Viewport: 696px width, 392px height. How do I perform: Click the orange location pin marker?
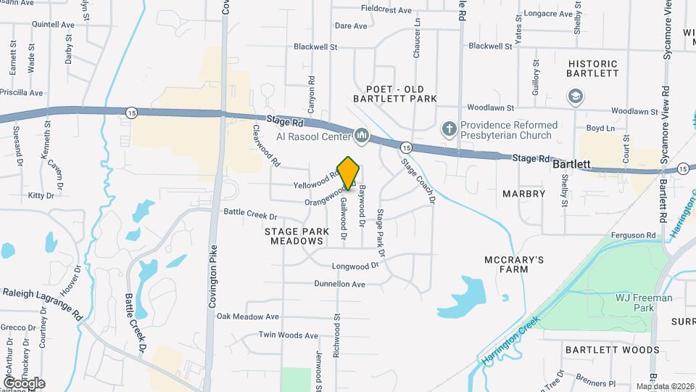[349, 173]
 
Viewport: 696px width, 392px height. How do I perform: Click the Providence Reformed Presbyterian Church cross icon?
[449, 128]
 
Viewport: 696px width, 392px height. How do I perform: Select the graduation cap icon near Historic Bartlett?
[575, 97]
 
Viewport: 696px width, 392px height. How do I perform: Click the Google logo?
[24, 383]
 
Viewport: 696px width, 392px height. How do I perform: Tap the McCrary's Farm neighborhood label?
[514, 264]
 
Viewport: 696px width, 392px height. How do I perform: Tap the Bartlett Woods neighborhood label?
[613, 350]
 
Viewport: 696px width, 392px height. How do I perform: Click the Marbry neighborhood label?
[523, 194]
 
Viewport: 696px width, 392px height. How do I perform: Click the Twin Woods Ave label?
[289, 335]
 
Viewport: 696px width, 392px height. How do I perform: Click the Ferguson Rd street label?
[633, 235]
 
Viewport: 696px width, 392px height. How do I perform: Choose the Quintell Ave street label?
[53, 24]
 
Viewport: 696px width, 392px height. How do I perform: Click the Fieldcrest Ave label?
[386, 10]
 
